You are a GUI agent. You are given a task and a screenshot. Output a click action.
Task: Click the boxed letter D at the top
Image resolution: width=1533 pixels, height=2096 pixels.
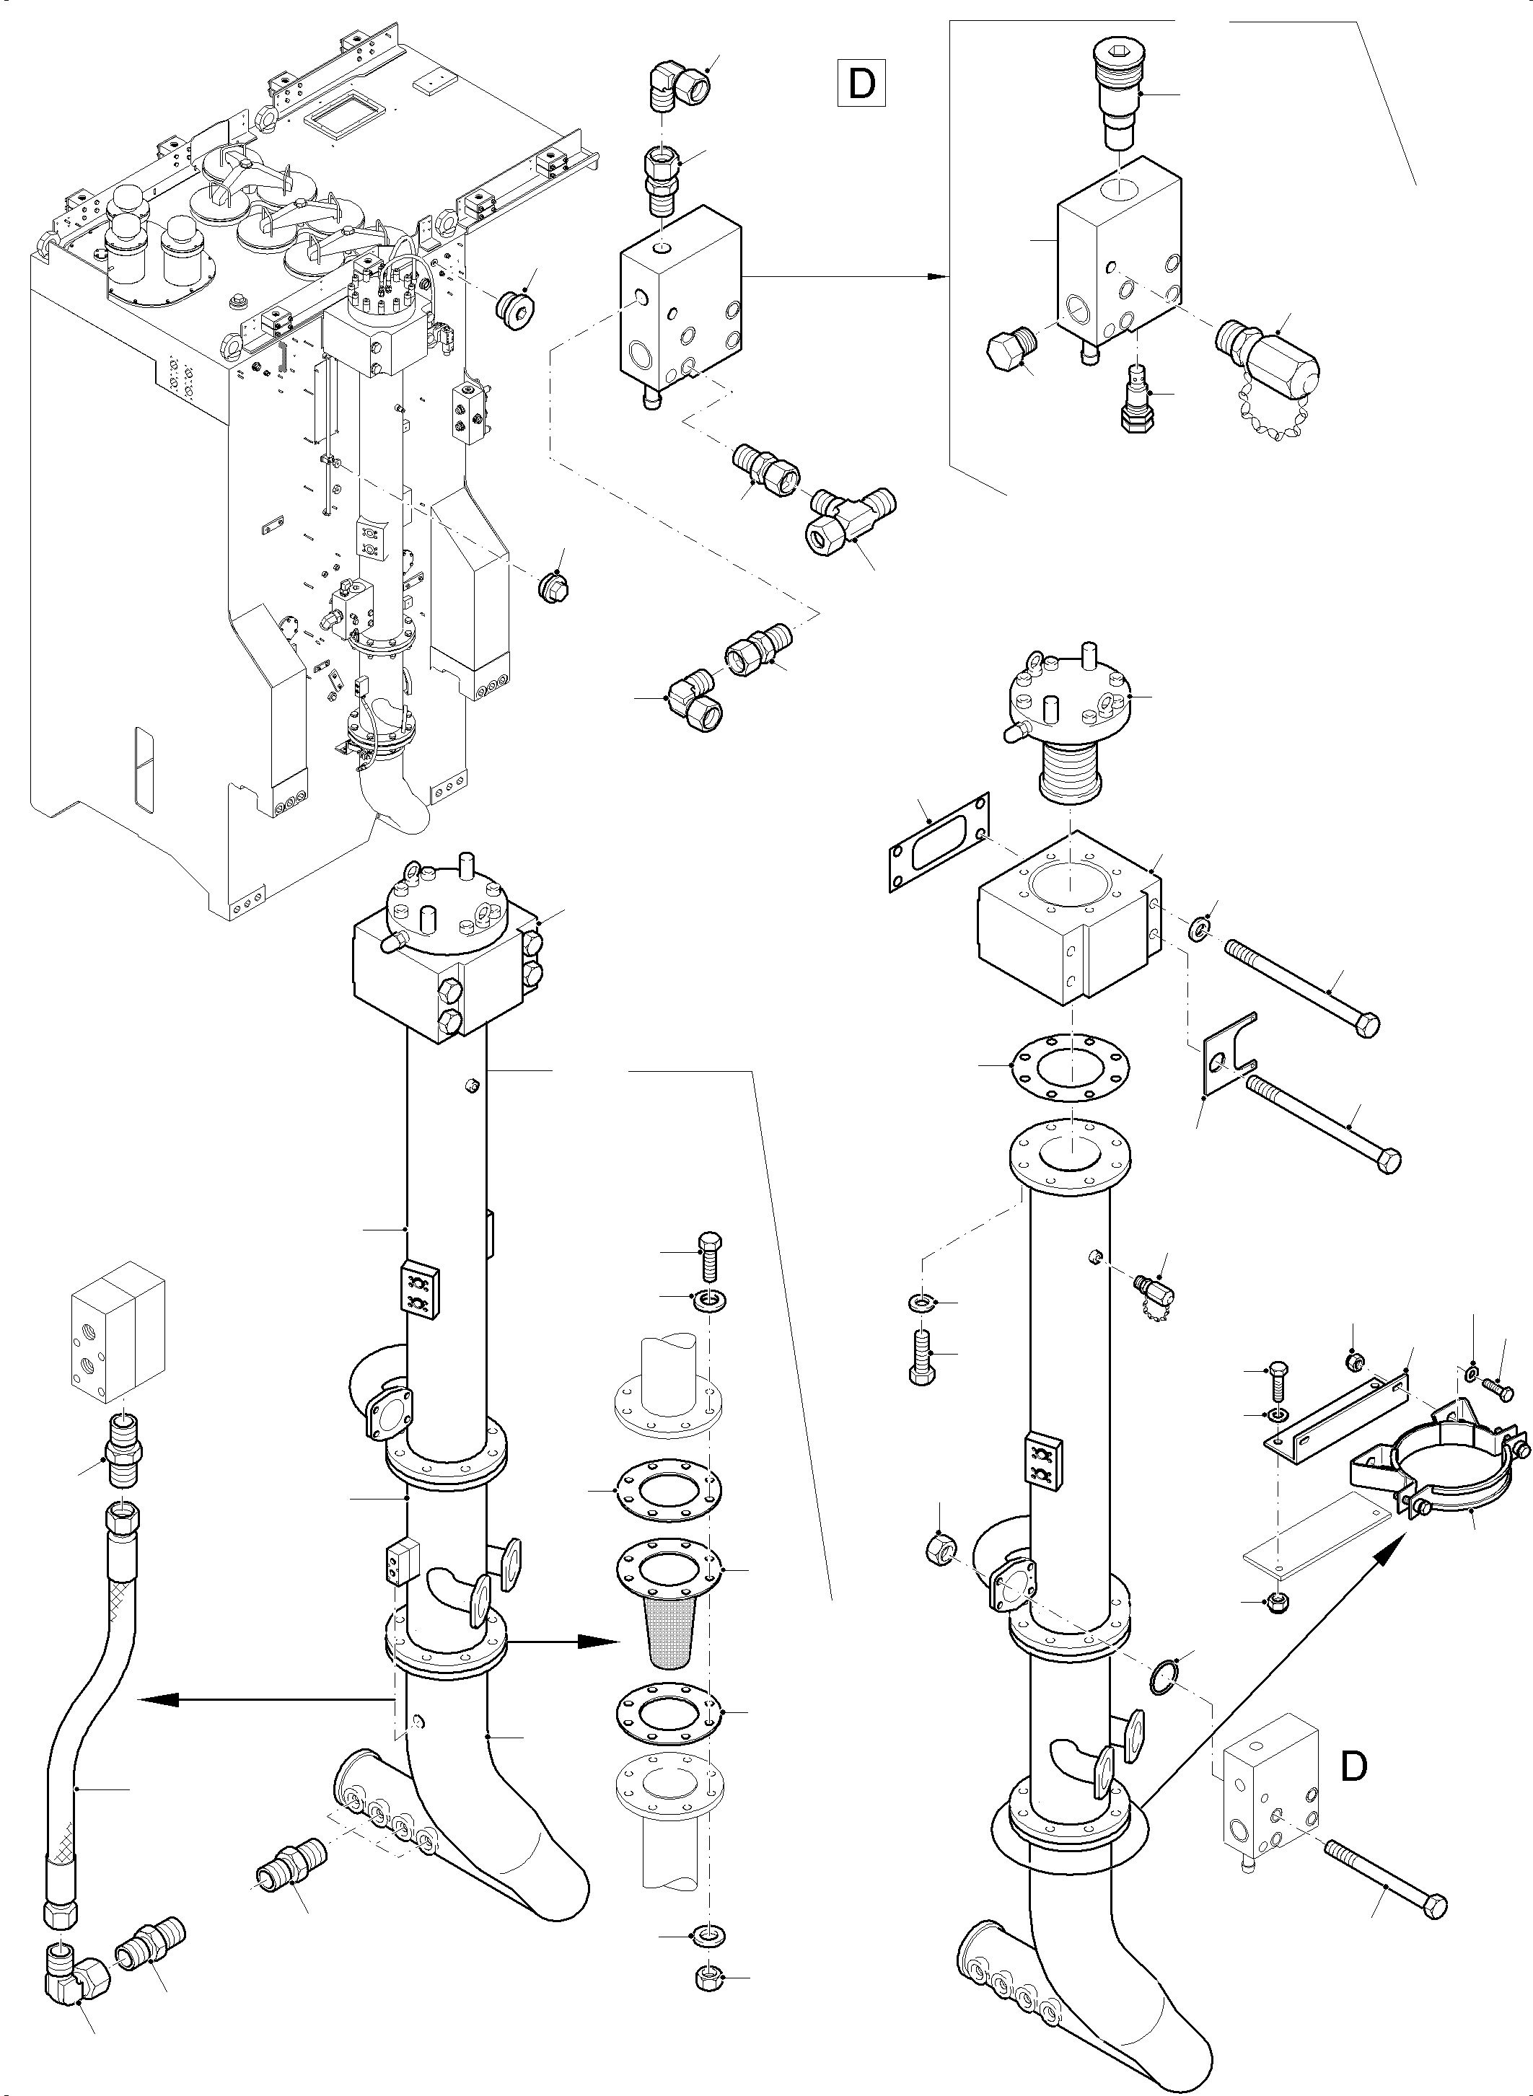click(861, 84)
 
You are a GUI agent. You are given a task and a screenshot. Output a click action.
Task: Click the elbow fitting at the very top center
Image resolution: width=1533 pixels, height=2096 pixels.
click(680, 85)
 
